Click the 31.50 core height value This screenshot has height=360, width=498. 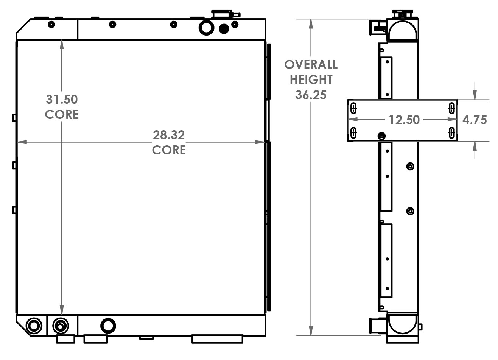point(62,100)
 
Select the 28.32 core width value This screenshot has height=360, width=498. point(169,135)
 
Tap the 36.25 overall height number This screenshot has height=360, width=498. point(311,95)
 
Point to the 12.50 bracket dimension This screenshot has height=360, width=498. point(404,120)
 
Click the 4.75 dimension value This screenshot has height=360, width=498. point(475,120)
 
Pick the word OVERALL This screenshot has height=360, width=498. point(311,65)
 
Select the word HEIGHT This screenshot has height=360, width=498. point(311,80)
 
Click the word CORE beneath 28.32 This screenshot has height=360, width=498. point(169,150)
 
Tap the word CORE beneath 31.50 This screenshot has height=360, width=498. point(62,114)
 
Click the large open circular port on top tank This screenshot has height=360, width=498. point(206,27)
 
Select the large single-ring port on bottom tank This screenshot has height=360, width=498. point(108,325)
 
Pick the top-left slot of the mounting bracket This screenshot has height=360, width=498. point(353,108)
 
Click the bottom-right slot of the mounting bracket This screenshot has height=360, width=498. point(452,132)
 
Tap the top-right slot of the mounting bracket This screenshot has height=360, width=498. point(452,108)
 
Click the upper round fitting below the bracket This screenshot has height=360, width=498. point(410,167)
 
